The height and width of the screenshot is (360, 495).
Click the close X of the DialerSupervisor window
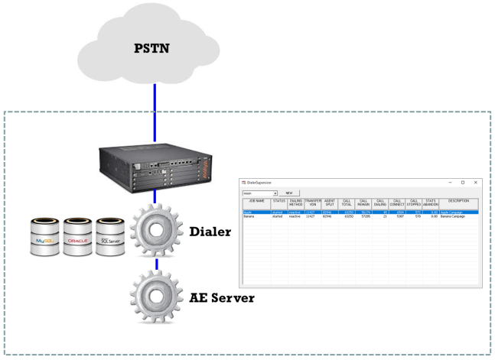475,183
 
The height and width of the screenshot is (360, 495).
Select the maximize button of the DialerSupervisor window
462,183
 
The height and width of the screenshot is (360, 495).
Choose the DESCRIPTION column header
459,202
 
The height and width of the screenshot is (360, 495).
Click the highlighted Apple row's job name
248,212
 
